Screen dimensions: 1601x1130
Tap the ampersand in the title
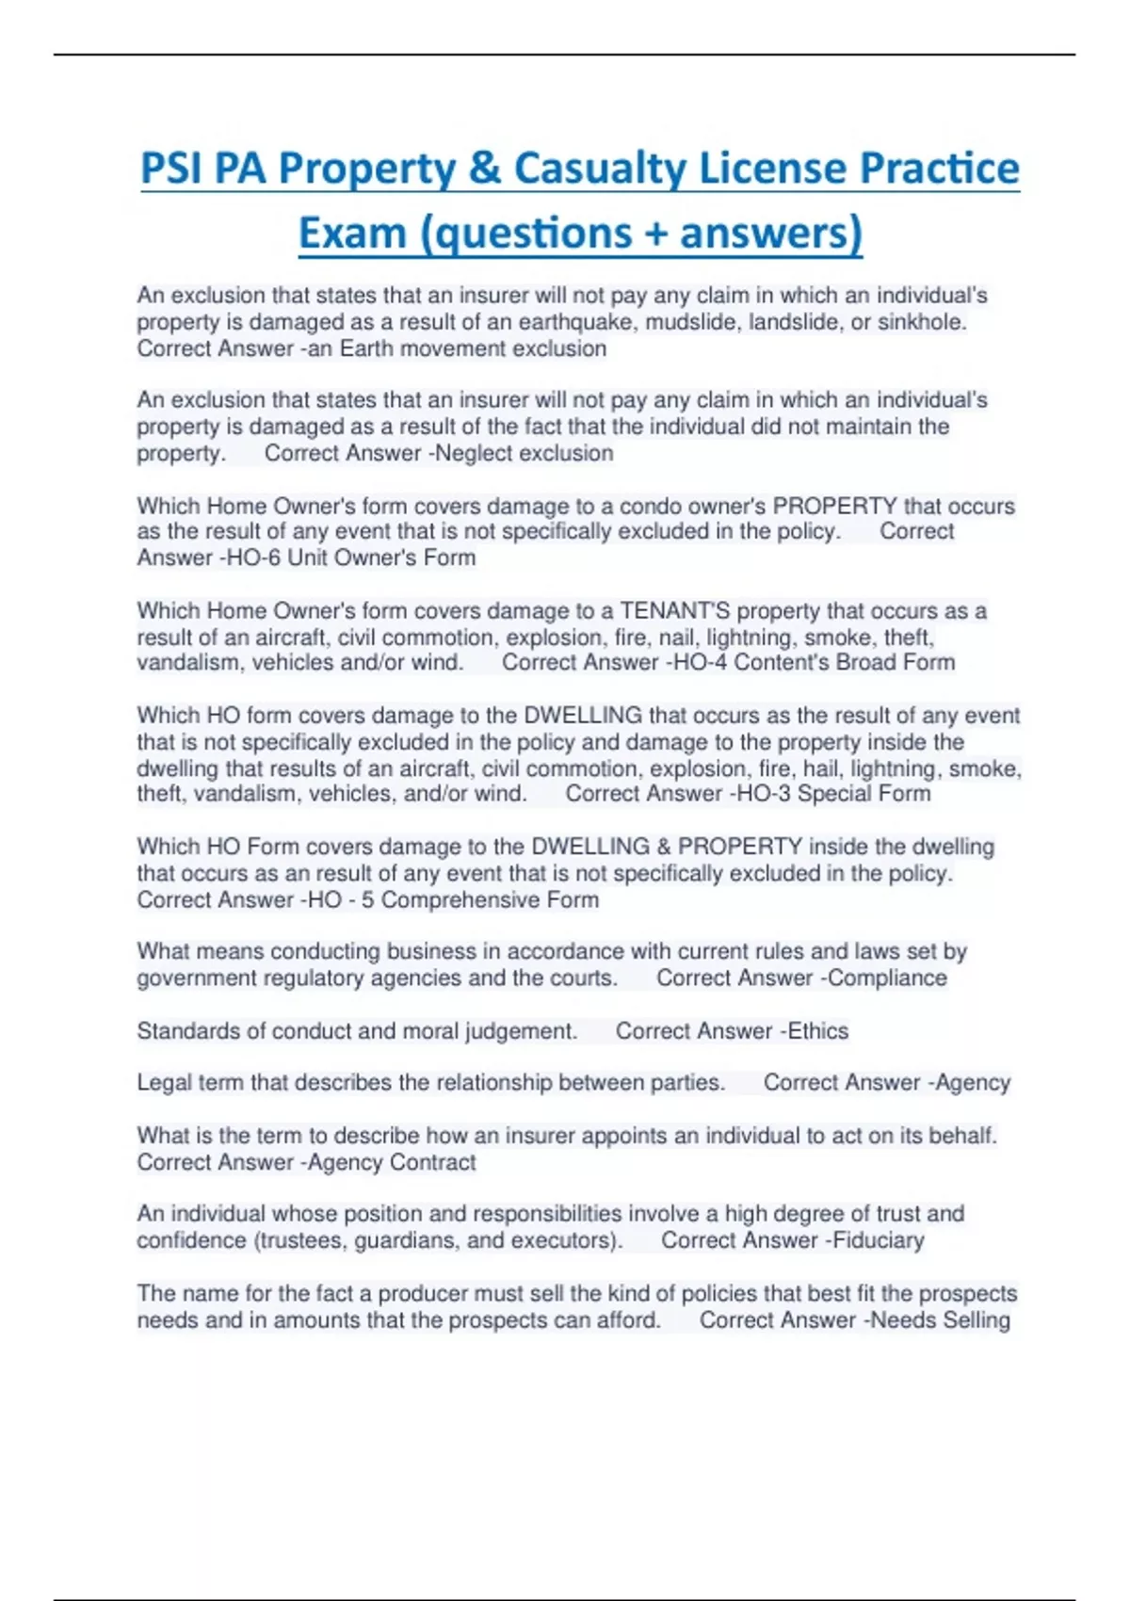click(x=484, y=169)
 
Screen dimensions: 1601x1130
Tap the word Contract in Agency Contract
click(x=432, y=1162)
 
